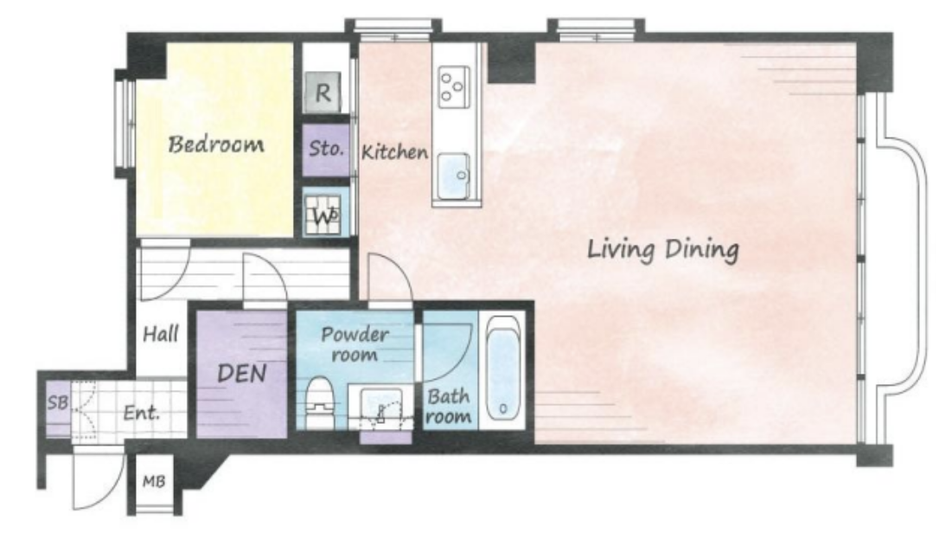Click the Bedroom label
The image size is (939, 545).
pyautogui.click(x=215, y=144)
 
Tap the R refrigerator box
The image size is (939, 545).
pyautogui.click(x=323, y=93)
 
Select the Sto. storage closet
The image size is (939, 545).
pyautogui.click(x=326, y=150)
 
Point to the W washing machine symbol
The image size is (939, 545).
pyautogui.click(x=323, y=215)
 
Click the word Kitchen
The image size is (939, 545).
pyautogui.click(x=394, y=151)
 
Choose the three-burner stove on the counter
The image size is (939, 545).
pyautogui.click(x=453, y=87)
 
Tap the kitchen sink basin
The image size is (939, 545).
pyautogui.click(x=453, y=176)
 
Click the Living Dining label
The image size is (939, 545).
pyautogui.click(x=662, y=249)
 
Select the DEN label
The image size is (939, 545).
pyautogui.click(x=242, y=374)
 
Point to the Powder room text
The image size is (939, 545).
pyautogui.click(x=355, y=343)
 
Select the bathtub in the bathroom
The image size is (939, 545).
pyautogui.click(x=502, y=369)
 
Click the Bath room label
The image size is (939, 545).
pyautogui.click(x=449, y=406)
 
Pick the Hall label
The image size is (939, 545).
pyautogui.click(x=161, y=334)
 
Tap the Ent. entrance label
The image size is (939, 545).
pyautogui.click(x=142, y=413)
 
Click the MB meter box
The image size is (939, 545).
pyautogui.click(x=154, y=481)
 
